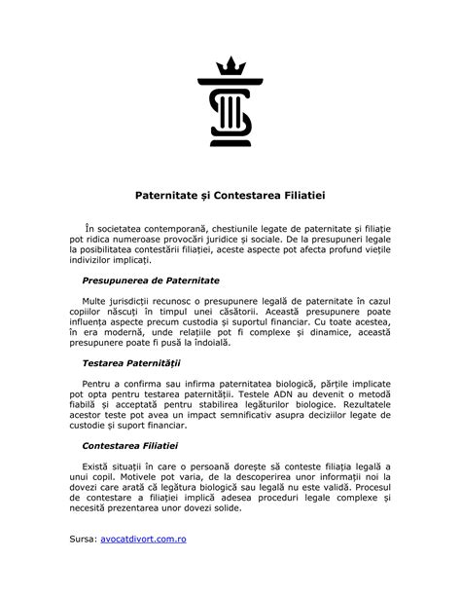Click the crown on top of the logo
point(230,66)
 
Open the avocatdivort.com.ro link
point(143,565)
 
